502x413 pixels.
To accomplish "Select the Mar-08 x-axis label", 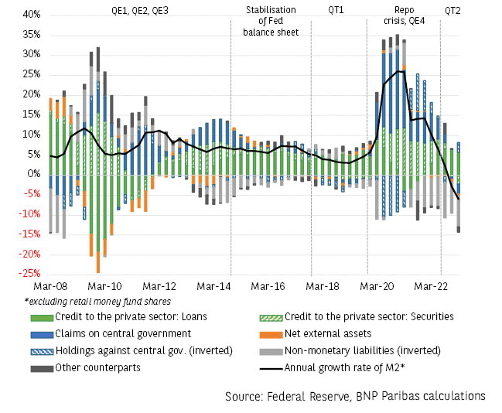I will coord(51,286).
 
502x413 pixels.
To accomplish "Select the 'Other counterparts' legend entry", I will coord(97,367).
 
